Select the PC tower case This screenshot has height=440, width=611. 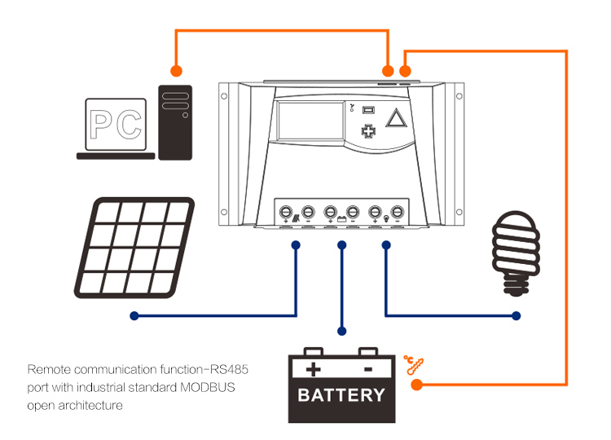[174, 122]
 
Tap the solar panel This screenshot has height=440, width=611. [135, 248]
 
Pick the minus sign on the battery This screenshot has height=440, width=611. [368, 369]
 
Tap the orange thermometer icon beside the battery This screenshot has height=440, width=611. [415, 364]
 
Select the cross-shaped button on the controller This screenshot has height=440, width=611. [369, 131]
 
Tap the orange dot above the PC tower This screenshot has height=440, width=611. [175, 70]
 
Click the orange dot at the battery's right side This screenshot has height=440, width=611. [415, 384]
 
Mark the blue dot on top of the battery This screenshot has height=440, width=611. [342, 332]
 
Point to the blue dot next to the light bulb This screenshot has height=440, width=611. [515, 315]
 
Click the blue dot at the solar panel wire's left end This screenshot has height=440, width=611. [134, 315]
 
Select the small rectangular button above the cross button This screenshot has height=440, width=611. [368, 110]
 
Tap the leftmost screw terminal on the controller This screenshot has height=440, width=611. [286, 212]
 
